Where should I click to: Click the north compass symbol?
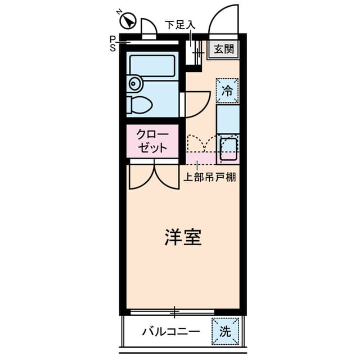128,20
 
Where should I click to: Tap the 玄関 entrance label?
224,49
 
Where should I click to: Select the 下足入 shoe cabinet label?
180,25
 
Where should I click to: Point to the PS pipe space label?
112,44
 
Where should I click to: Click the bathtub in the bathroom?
152,66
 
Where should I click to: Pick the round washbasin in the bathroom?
134,83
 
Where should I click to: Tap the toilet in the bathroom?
139,105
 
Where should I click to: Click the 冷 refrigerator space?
227,91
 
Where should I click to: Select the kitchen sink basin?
228,148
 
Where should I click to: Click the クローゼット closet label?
152,141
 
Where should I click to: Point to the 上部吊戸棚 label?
210,177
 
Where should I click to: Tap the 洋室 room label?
183,237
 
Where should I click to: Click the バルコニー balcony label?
171,331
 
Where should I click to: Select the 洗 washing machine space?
225,331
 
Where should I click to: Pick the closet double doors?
154,175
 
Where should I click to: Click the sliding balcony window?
172,312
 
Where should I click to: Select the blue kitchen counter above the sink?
228,119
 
